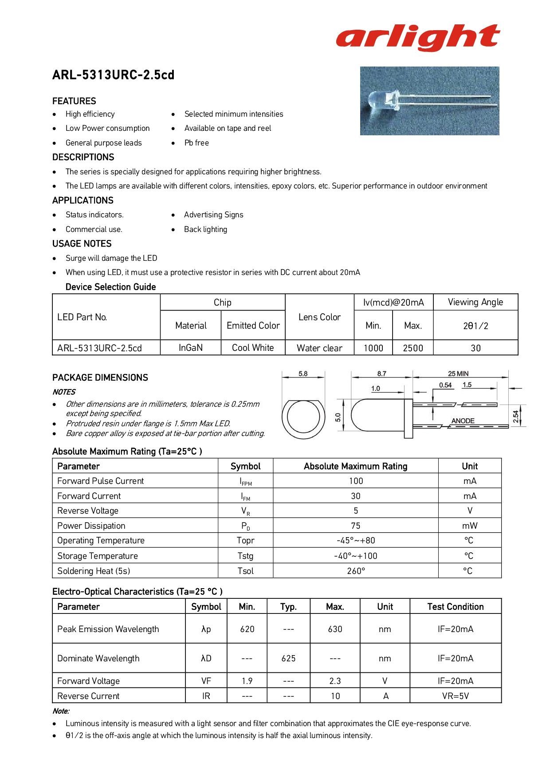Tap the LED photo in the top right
click(x=429, y=101)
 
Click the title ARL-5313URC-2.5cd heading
click(x=113, y=75)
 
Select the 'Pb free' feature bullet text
click(x=196, y=143)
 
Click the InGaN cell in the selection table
click(x=191, y=348)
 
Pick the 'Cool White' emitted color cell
click(x=253, y=348)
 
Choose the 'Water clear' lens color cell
click(x=319, y=348)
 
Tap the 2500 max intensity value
click(x=413, y=348)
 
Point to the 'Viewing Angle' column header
click(x=475, y=302)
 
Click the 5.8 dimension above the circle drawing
click(x=303, y=374)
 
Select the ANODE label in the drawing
click(x=463, y=420)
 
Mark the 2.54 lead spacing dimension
click(x=515, y=417)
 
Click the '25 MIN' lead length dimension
click(x=458, y=373)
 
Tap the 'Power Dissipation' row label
click(x=91, y=526)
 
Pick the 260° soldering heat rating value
click(x=356, y=571)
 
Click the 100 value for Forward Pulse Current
click(x=356, y=481)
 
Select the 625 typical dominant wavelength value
click(x=288, y=658)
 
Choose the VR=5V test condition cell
click(x=455, y=696)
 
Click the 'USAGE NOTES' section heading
click(x=82, y=244)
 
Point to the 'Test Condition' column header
click(x=455, y=606)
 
